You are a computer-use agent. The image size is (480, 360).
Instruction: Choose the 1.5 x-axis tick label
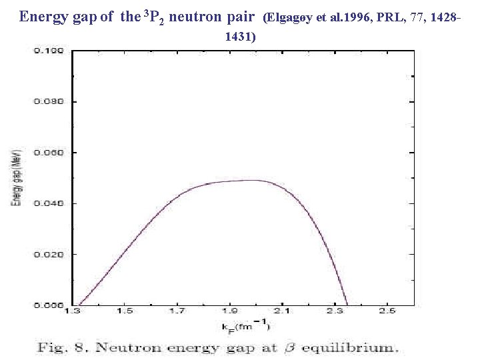[124, 311]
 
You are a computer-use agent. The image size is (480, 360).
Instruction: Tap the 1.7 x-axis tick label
[177, 311]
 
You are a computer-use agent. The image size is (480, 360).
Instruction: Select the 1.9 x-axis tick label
[230, 311]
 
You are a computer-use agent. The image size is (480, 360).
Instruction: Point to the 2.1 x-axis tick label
[281, 311]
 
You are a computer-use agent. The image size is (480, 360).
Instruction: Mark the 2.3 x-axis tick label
[335, 311]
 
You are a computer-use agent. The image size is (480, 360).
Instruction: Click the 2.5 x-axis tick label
[387, 311]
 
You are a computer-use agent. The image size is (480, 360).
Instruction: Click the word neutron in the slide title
[198, 17]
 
